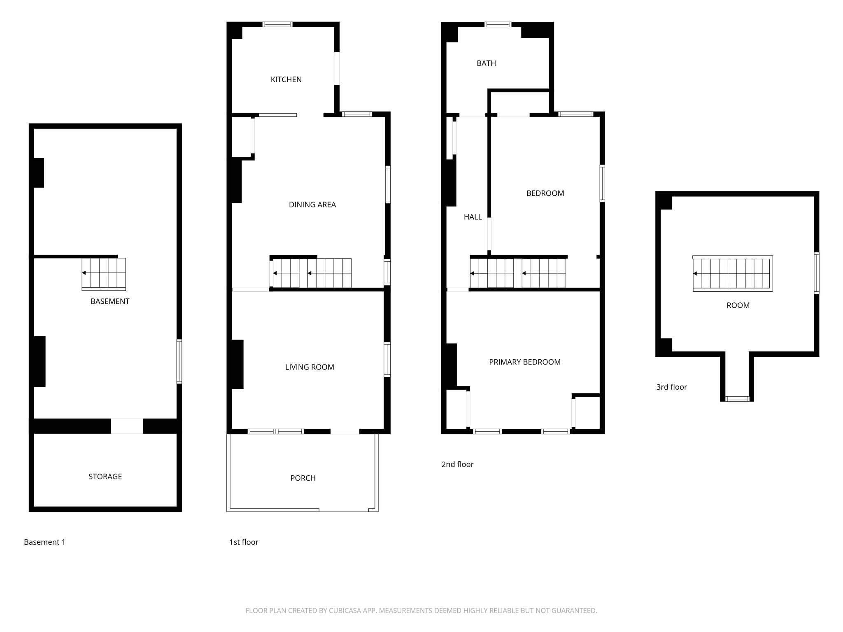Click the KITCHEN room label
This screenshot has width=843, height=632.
point(286,79)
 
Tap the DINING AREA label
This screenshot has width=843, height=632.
point(312,204)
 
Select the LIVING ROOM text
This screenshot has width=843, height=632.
point(310,367)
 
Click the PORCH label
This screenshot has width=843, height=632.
point(303,478)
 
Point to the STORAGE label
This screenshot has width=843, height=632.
point(105,476)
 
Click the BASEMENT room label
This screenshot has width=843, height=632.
point(110,301)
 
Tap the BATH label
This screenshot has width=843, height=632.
point(486,63)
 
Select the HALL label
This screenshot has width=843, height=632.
point(473,217)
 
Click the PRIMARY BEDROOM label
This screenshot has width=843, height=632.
point(524,362)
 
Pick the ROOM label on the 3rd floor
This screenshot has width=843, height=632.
point(738,305)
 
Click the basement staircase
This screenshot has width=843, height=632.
point(103,274)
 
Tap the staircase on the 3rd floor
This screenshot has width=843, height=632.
point(732,274)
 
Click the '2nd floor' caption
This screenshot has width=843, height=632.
point(457,464)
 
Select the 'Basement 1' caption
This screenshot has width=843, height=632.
point(44,542)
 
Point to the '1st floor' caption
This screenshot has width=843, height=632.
point(244,542)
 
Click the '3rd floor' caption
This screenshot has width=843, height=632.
point(671,387)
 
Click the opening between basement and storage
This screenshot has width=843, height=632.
point(127,426)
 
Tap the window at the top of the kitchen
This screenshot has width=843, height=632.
point(277,24)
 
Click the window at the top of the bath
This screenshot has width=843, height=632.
point(498,24)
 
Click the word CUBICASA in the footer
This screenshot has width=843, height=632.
point(345,611)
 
